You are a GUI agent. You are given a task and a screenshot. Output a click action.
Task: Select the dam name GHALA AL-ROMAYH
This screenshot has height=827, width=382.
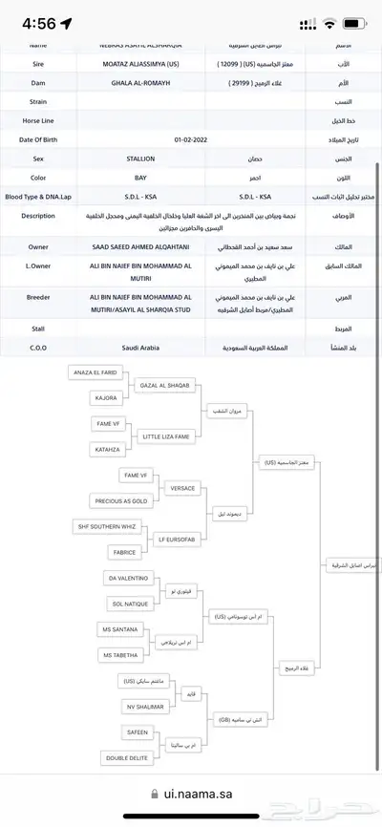(x=140, y=83)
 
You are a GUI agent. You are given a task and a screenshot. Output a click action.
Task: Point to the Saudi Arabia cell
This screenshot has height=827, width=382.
(x=140, y=348)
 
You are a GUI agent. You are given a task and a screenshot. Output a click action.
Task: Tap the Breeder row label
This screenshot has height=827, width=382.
(x=38, y=297)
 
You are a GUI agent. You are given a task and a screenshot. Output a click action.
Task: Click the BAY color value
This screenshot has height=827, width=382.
(x=140, y=177)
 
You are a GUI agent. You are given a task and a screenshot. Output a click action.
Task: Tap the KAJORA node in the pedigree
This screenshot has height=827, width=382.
(x=106, y=396)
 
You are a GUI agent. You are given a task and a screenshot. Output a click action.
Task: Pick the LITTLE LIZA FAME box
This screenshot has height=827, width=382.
(x=165, y=435)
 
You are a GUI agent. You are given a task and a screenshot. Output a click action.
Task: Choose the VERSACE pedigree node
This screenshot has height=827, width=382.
(x=181, y=488)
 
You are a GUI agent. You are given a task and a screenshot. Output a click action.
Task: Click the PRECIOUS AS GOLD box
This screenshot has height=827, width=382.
(x=119, y=500)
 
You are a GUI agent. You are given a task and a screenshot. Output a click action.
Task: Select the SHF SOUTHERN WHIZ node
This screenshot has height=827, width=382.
(x=108, y=527)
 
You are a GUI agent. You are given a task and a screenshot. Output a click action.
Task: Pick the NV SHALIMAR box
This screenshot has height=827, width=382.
(x=145, y=706)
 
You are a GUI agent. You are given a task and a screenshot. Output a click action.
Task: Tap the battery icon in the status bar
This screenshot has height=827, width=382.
(x=354, y=22)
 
